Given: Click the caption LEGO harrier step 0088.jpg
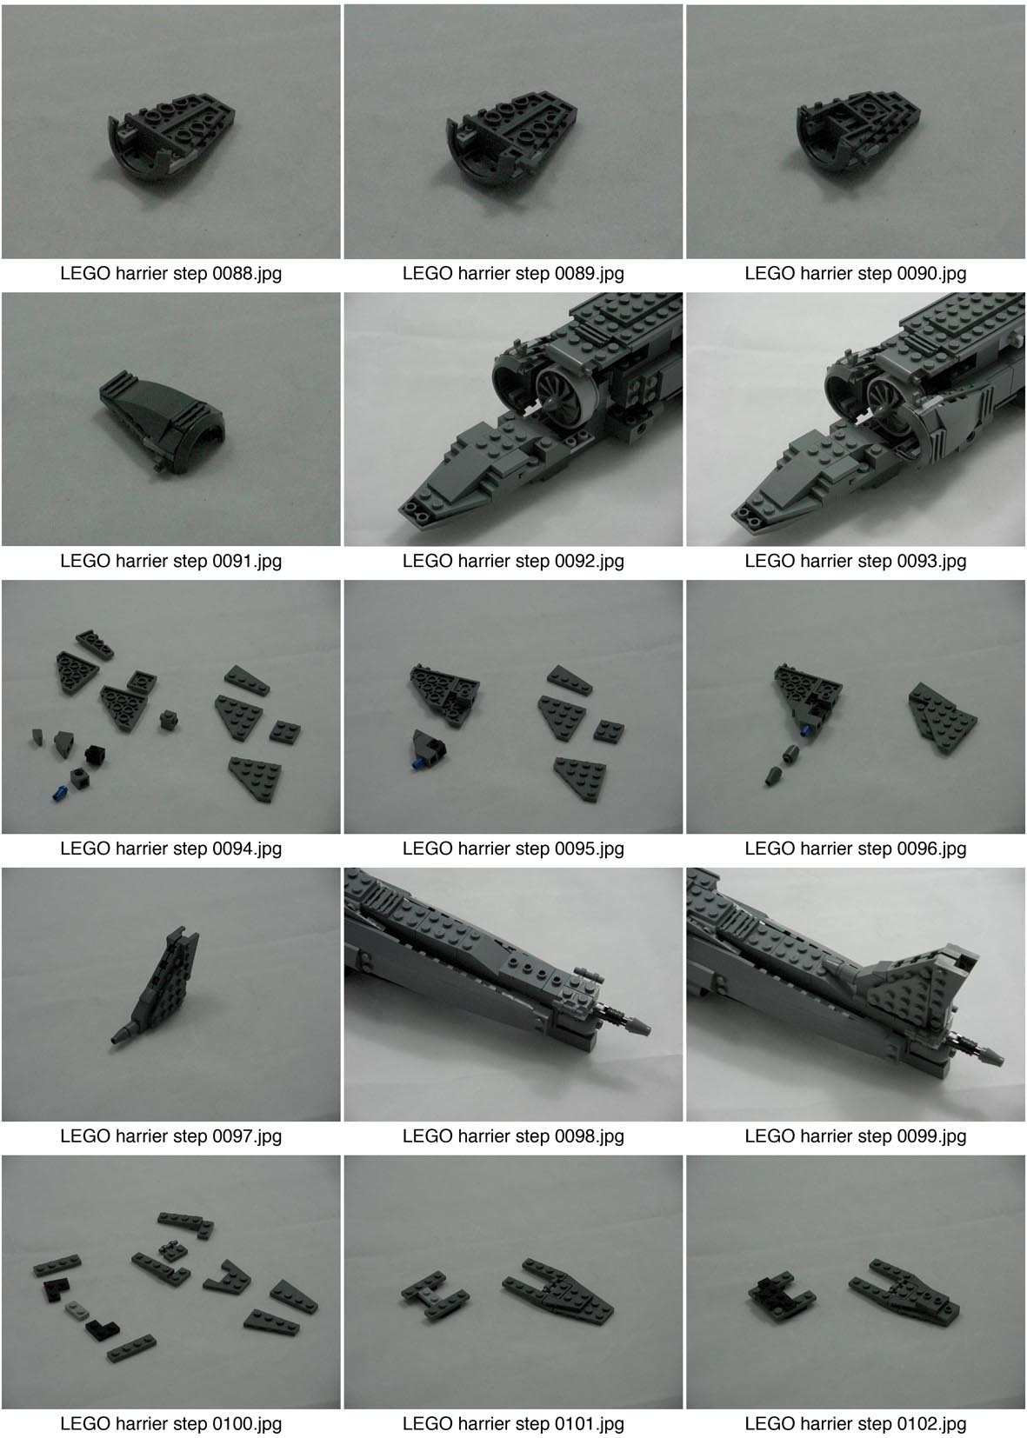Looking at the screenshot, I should coord(170,273).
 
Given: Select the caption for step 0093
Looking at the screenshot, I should coord(855,561).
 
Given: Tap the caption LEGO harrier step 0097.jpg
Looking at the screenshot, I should coord(170,1135).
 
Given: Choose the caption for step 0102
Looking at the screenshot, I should coord(855,1423).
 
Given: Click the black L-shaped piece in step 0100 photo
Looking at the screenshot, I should coord(97,1328).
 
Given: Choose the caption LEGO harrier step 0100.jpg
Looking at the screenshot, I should coord(170,1423).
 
